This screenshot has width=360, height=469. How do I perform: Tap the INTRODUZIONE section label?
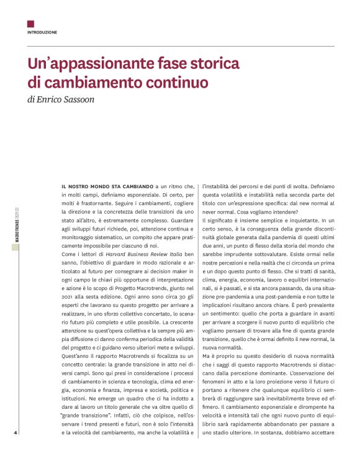42,32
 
